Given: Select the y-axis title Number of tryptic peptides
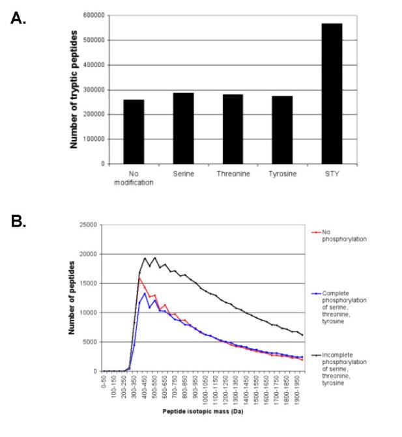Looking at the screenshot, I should (74, 89).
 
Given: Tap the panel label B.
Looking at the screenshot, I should (18, 221).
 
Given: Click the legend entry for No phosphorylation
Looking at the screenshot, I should (339, 234).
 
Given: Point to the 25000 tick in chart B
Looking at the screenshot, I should (87, 225).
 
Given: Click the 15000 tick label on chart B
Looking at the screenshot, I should (87, 283).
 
